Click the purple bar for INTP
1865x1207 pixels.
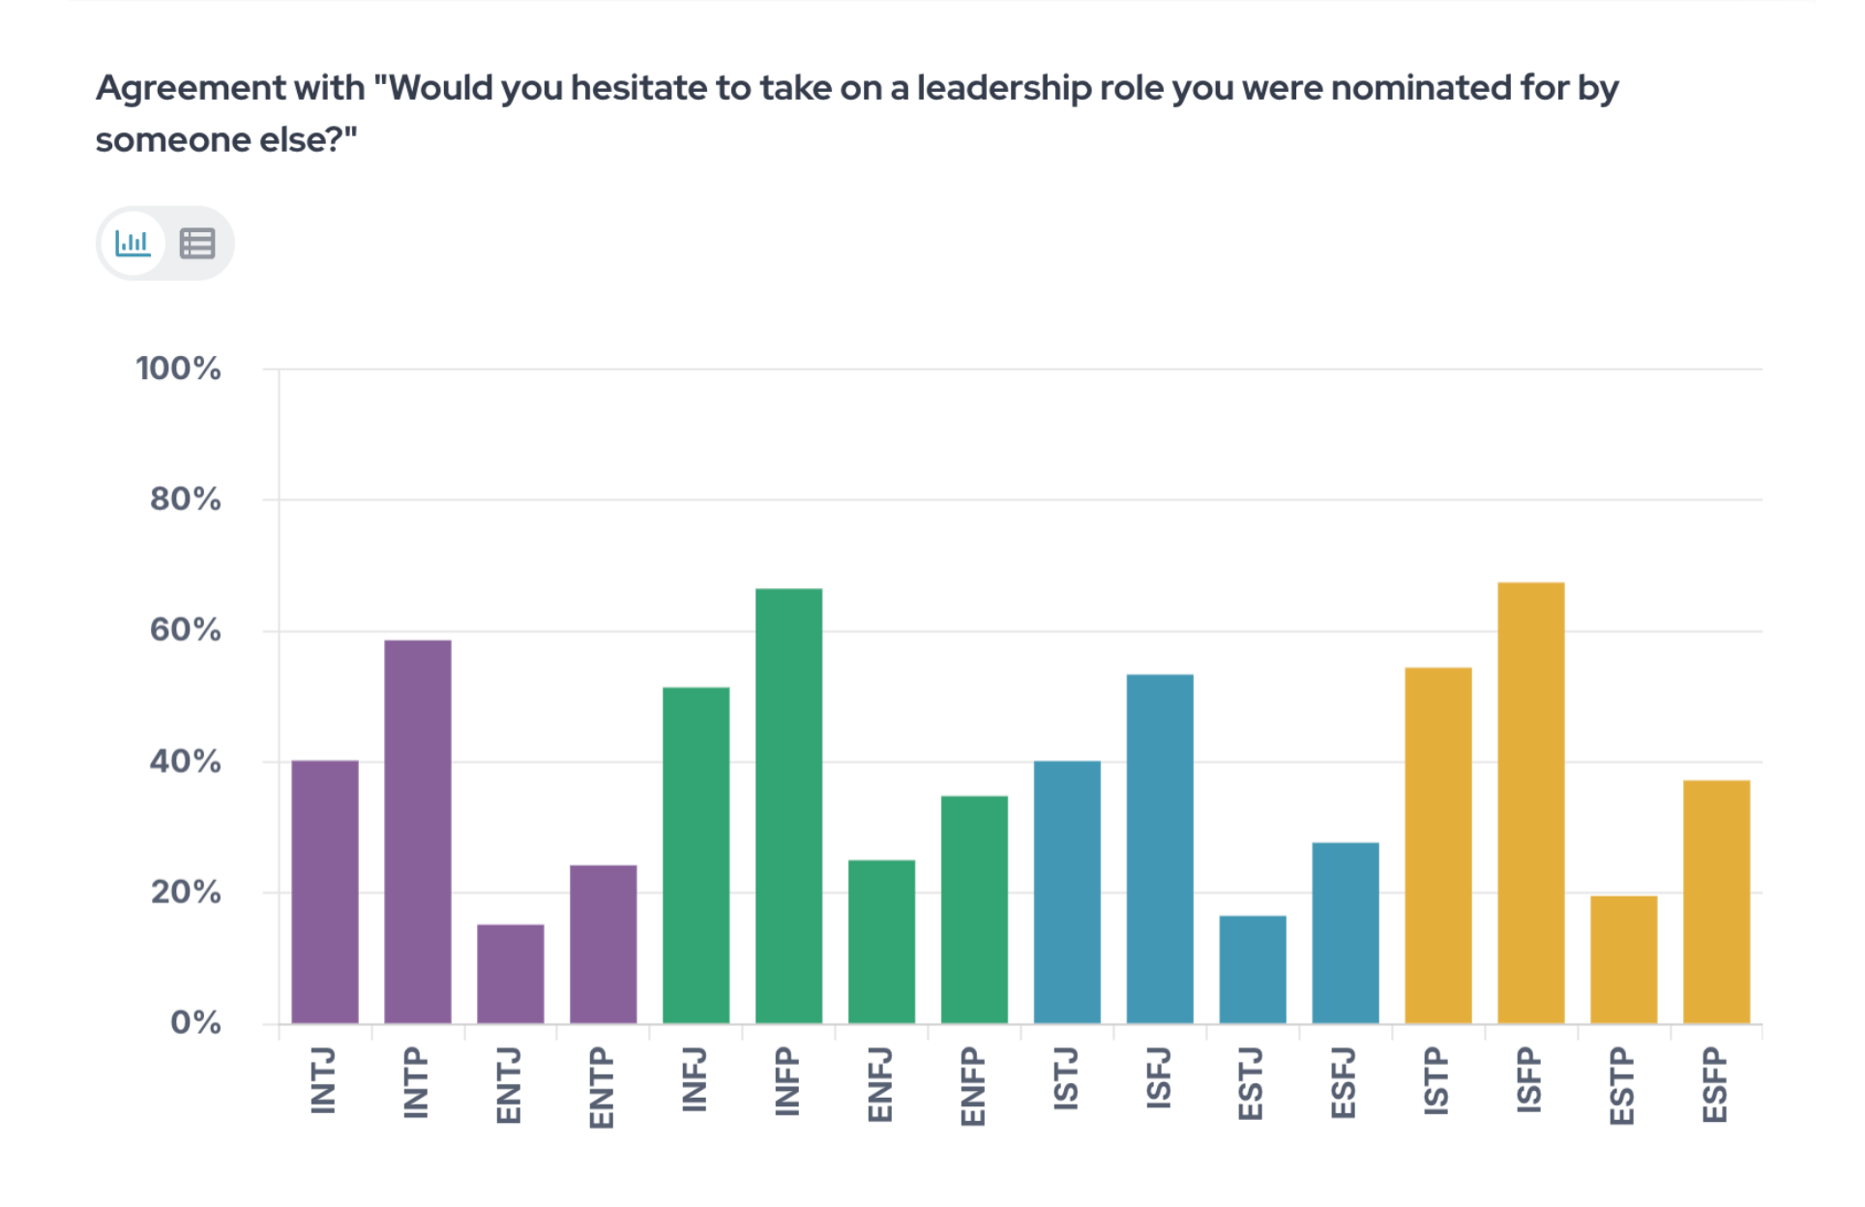tap(418, 831)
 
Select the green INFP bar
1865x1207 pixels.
tap(789, 806)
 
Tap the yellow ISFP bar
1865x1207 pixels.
tap(1531, 803)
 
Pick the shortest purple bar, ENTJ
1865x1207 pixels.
tap(511, 973)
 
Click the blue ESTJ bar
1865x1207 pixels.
tap(1253, 969)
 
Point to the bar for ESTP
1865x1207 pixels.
tap(1624, 959)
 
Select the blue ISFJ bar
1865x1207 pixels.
tap(1160, 848)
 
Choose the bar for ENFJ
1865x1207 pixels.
tap(881, 941)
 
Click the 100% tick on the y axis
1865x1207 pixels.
tap(178, 368)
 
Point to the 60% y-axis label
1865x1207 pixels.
tap(185, 631)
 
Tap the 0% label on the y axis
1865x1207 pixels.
tap(195, 1022)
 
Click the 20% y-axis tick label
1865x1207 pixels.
tap(185, 892)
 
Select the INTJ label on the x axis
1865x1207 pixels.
tap(323, 1080)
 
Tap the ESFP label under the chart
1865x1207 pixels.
tap(1715, 1085)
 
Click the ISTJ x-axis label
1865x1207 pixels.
tap(1066, 1078)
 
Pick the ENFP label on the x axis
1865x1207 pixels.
tap(973, 1087)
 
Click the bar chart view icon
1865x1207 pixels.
tap(133, 243)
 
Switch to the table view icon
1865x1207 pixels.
tap(197, 244)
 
